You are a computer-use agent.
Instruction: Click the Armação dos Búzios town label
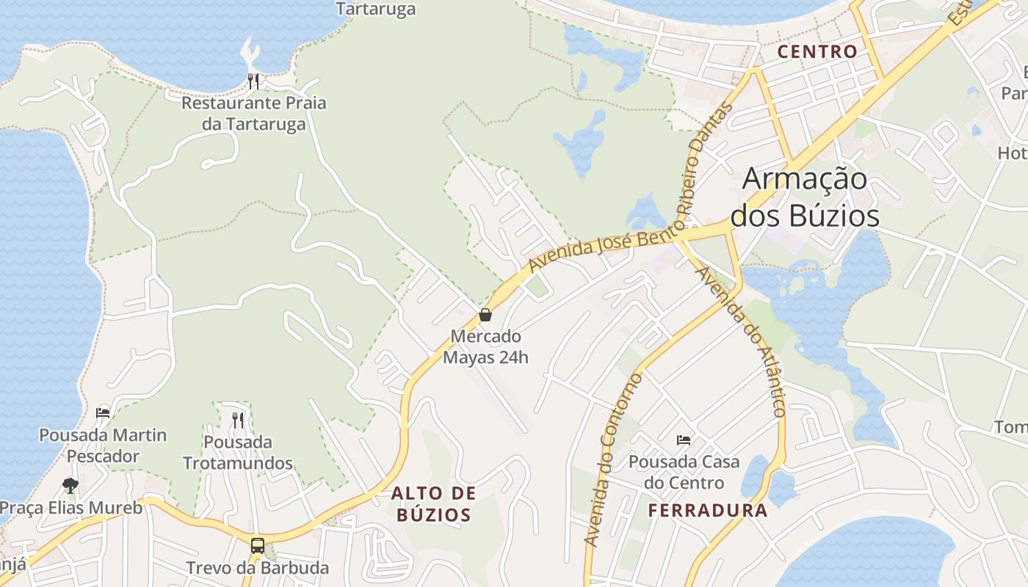[805, 197]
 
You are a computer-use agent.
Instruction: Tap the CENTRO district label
[817, 52]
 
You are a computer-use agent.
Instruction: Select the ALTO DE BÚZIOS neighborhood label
[433, 503]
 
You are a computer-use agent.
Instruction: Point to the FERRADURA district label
[707, 511]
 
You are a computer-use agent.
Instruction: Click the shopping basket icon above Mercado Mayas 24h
[485, 316]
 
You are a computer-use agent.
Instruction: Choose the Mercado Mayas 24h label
[485, 347]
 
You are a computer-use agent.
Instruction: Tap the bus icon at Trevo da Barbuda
[258, 545]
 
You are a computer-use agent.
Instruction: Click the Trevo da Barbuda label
[257, 568]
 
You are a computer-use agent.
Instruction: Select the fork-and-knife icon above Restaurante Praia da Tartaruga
[253, 81]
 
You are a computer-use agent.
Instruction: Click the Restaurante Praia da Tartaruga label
[253, 113]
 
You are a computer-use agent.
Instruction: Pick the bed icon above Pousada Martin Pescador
[103, 412]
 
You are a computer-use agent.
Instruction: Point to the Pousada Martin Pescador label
[103, 445]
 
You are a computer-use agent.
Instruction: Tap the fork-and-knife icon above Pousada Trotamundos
[238, 420]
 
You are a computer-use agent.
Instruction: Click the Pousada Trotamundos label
[238, 453]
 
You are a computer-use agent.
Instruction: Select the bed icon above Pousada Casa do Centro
[684, 440]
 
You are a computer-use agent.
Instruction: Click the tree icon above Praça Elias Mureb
[70, 485]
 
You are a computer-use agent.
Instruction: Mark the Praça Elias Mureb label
[71, 508]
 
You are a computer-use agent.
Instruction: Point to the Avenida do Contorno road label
[614, 460]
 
